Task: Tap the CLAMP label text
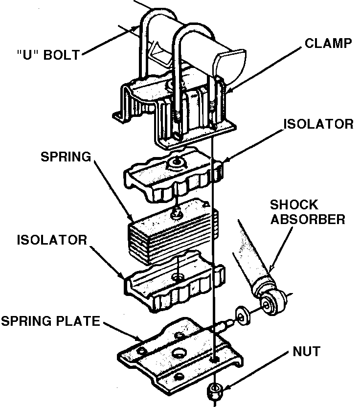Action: tap(328, 43)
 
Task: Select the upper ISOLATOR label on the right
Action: tap(318, 124)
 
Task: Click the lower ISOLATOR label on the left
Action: tap(52, 240)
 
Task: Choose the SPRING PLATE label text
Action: tap(50, 321)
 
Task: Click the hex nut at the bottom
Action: tap(213, 390)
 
